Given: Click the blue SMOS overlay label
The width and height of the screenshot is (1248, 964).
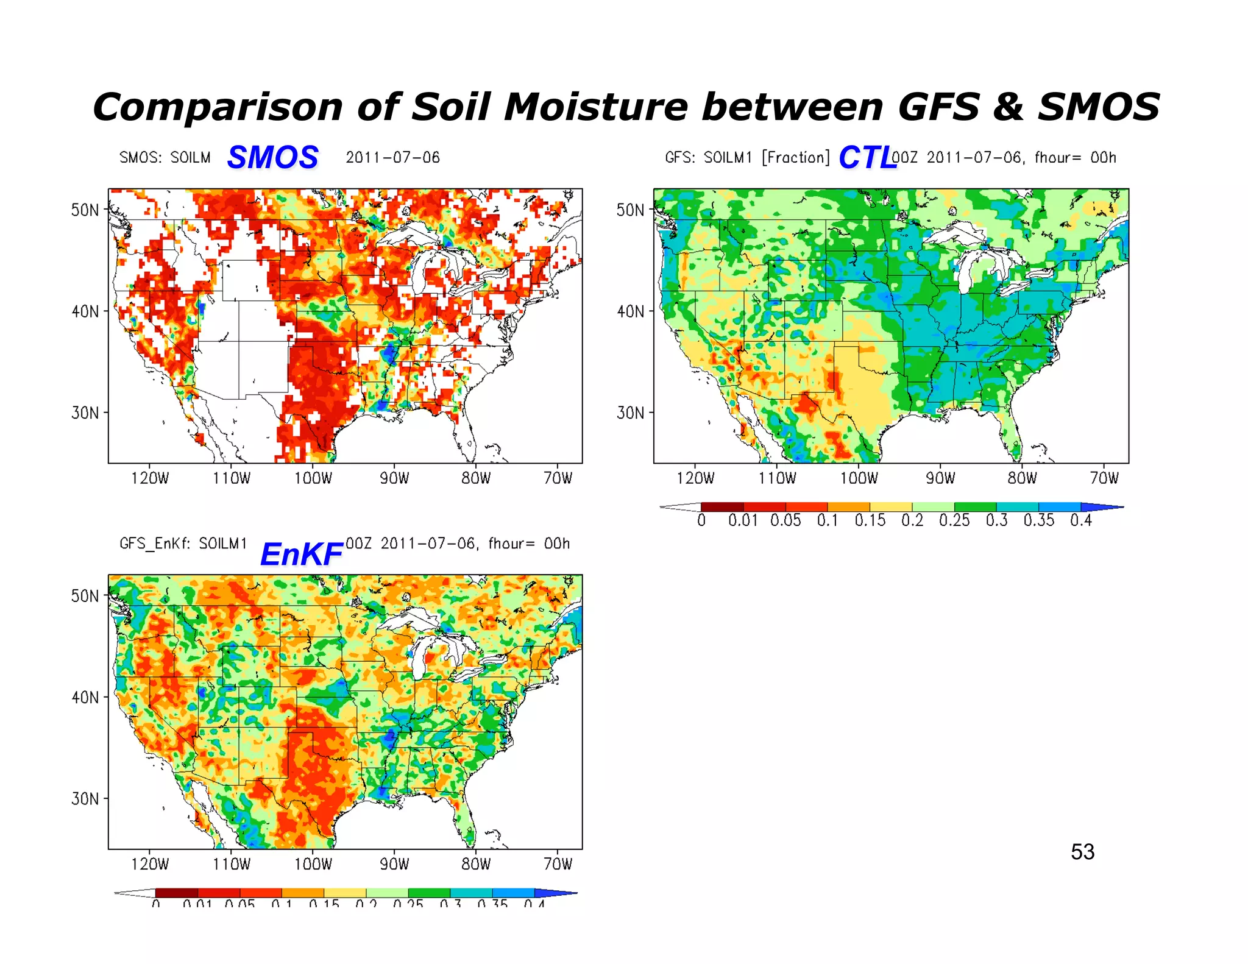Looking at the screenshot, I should (272, 157).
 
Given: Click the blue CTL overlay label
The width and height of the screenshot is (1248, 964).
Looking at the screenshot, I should (867, 158).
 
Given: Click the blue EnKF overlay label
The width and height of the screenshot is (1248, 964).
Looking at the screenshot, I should (301, 554).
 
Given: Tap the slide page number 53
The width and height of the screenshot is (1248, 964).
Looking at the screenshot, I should (1082, 851).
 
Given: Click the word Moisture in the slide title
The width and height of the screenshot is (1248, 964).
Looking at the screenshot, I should (595, 107).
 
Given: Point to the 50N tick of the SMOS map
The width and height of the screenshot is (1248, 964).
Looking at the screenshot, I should (85, 210).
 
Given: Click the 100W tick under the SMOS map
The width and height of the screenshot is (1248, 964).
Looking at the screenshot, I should (313, 478).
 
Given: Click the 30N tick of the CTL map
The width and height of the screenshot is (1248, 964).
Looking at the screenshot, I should (631, 413).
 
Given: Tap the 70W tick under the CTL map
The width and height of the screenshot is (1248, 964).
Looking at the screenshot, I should (1104, 478).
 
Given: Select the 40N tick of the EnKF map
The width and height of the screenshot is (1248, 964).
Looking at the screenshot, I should (85, 697).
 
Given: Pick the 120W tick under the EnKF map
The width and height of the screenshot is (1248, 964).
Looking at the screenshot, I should (149, 863).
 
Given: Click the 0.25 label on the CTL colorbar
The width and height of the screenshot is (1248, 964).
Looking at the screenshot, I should (954, 520).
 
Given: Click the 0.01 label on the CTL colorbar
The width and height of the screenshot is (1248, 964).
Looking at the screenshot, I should (743, 520).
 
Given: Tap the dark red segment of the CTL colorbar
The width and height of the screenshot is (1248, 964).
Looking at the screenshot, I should (722, 507).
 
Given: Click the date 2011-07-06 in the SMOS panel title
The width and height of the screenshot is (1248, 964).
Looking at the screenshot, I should (392, 158).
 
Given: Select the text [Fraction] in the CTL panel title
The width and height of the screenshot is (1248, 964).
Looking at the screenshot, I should (796, 158).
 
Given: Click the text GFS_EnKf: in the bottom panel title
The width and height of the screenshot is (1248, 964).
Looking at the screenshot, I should (155, 544).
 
